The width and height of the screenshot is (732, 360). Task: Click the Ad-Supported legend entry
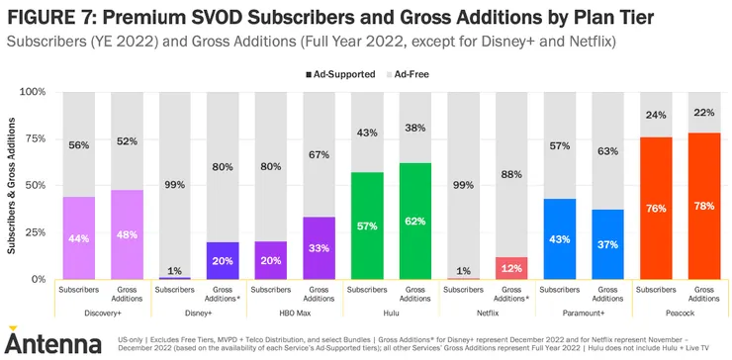pos(340,74)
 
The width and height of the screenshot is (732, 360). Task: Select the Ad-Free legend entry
pos(408,74)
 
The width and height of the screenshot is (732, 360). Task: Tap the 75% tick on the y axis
pos(37,138)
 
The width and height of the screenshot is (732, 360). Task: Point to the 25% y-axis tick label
pos(37,232)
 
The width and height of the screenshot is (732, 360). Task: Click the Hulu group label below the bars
pos(391,314)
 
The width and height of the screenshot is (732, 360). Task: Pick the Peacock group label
pos(680,314)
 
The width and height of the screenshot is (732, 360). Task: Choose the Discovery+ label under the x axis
pos(103,314)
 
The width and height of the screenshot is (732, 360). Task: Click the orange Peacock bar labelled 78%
pos(704,206)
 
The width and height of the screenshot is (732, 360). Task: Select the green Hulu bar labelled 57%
pos(367,226)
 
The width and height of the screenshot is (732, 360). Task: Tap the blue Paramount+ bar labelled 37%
pos(607,244)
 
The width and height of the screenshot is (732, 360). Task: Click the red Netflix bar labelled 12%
pos(511,268)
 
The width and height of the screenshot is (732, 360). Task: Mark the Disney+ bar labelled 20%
pos(223,260)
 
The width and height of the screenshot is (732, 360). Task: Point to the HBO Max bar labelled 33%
pos(319,248)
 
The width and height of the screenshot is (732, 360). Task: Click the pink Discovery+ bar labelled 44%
pos(79,238)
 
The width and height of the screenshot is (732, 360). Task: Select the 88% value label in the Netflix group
pos(511,175)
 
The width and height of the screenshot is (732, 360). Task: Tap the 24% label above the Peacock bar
pos(656,115)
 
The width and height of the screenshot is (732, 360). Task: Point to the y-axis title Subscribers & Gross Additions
pos(12,185)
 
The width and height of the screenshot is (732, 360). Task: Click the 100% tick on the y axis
pos(35,92)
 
